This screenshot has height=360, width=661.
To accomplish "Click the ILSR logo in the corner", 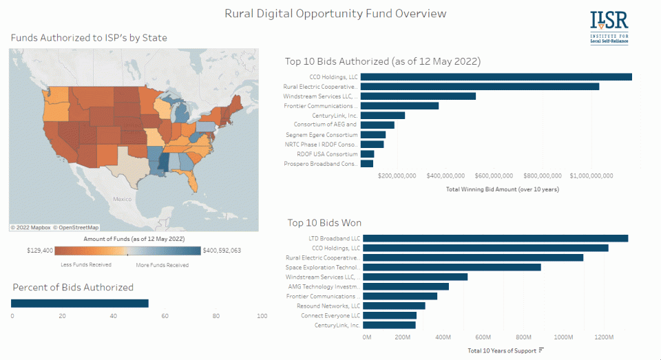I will click(x=609, y=27).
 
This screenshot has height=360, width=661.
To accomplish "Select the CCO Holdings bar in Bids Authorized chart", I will click(x=496, y=77).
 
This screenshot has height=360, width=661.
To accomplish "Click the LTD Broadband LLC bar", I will click(x=495, y=238).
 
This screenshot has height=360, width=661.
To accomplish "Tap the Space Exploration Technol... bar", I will click(x=452, y=267).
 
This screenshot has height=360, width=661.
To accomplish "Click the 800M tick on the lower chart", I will click(x=523, y=337).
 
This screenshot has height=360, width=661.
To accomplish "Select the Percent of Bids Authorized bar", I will click(x=80, y=304).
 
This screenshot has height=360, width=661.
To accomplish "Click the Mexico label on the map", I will click(x=122, y=199).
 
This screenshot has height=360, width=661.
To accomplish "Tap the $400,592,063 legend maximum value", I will click(x=222, y=251).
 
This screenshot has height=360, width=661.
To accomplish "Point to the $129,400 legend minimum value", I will click(x=40, y=251).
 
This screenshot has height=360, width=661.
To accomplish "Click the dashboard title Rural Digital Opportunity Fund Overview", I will click(x=335, y=14).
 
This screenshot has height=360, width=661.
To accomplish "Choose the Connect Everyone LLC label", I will click(x=330, y=315).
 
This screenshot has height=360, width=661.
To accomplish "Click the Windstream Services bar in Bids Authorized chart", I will click(x=418, y=96).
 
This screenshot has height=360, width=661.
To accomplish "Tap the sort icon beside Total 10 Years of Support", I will click(x=541, y=350).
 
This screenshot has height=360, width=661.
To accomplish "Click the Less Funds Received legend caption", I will click(x=86, y=264).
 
